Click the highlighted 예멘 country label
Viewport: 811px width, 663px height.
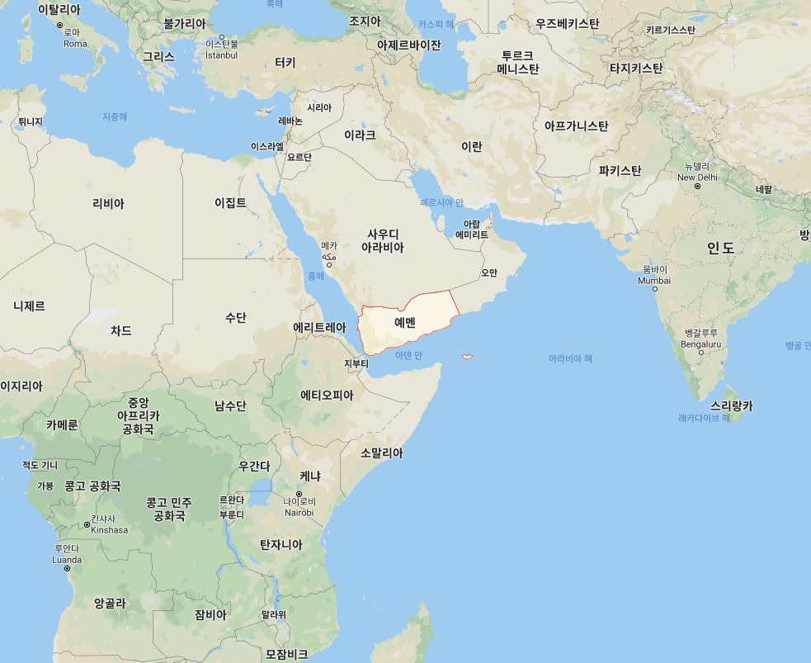[405, 322]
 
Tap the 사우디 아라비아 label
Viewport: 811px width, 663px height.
[383, 240]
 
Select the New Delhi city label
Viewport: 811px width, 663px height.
[697, 177]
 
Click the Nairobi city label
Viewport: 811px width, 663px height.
[299, 512]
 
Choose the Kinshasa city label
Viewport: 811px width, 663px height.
[110, 529]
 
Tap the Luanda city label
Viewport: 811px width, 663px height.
[67, 559]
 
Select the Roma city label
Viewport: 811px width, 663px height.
[75, 44]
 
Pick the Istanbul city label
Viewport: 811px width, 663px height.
[221, 55]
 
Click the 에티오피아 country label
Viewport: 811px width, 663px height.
[327, 395]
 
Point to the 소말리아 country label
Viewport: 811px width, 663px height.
[382, 452]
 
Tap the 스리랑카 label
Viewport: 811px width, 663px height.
[731, 406]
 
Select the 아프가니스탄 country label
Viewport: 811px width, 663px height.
[576, 126]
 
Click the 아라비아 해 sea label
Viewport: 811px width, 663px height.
[570, 359]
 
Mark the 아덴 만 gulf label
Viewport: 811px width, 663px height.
[408, 355]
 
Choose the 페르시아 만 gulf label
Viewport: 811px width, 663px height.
[442, 202]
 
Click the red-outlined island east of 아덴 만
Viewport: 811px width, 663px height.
[467, 357]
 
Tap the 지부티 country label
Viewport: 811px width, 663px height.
[356, 363]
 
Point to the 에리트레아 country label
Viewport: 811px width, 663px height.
[319, 328]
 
